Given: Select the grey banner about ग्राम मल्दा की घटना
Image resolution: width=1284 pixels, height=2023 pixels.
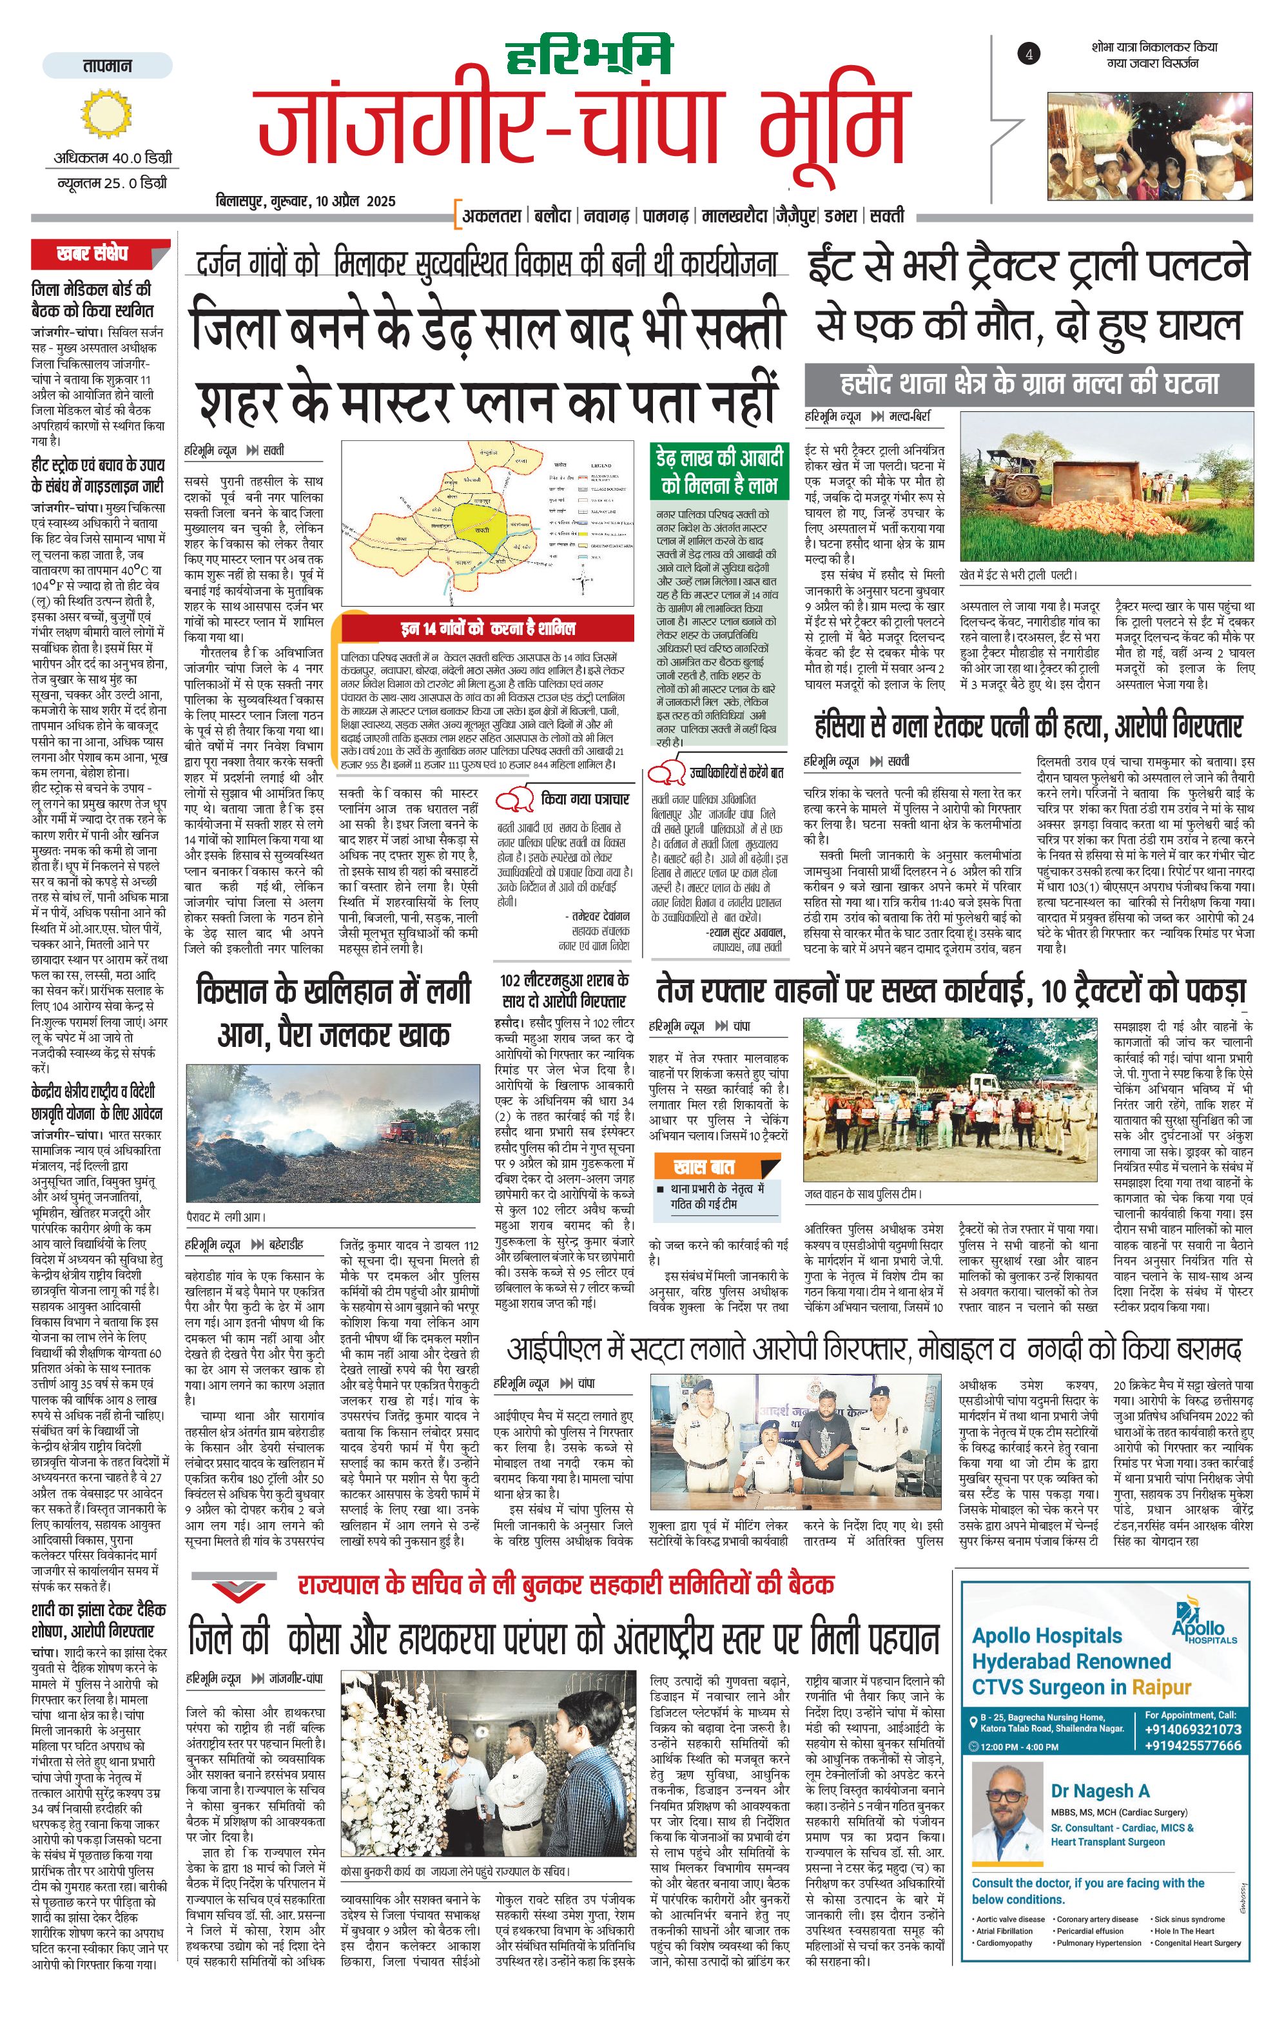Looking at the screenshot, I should [x=1029, y=385].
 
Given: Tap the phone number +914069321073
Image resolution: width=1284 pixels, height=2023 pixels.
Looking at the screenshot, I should [x=1192, y=1729].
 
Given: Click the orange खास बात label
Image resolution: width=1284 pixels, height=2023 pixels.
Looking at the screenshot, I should [x=705, y=1167].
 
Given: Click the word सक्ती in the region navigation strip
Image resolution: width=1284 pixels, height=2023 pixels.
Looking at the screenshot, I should [x=887, y=216].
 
